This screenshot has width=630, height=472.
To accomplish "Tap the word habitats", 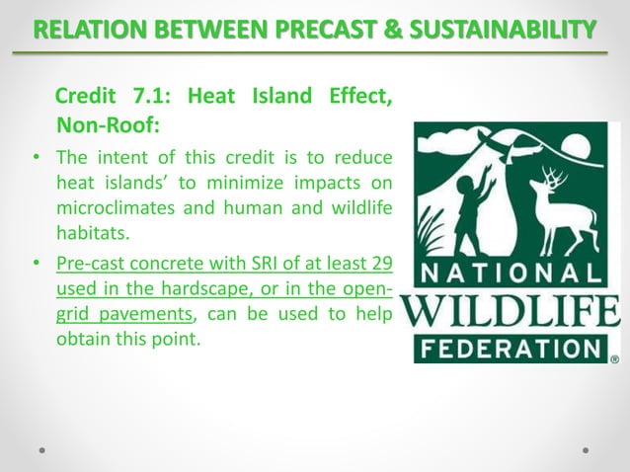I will click(x=92, y=232).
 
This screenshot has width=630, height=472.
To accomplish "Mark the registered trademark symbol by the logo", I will click(x=614, y=359).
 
